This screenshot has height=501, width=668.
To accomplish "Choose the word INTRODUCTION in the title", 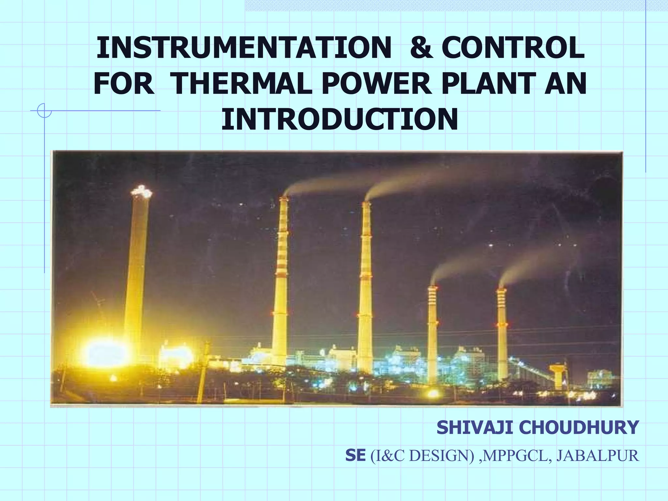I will (340, 119).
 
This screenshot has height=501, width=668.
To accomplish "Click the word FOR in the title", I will (124, 84).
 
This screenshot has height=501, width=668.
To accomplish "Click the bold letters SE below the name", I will (355, 456).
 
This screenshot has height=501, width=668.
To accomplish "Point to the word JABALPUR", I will (598, 456).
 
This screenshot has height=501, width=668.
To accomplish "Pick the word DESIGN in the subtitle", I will (440, 456).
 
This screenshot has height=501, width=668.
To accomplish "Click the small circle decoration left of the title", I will (44, 111).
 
